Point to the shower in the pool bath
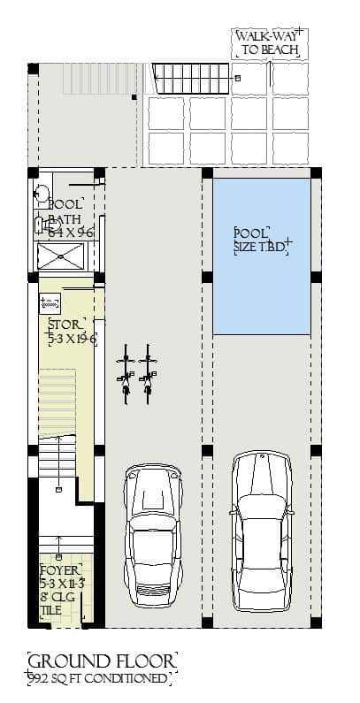point(61,257)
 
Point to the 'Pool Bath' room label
point(65,211)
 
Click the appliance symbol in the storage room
point(50,303)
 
